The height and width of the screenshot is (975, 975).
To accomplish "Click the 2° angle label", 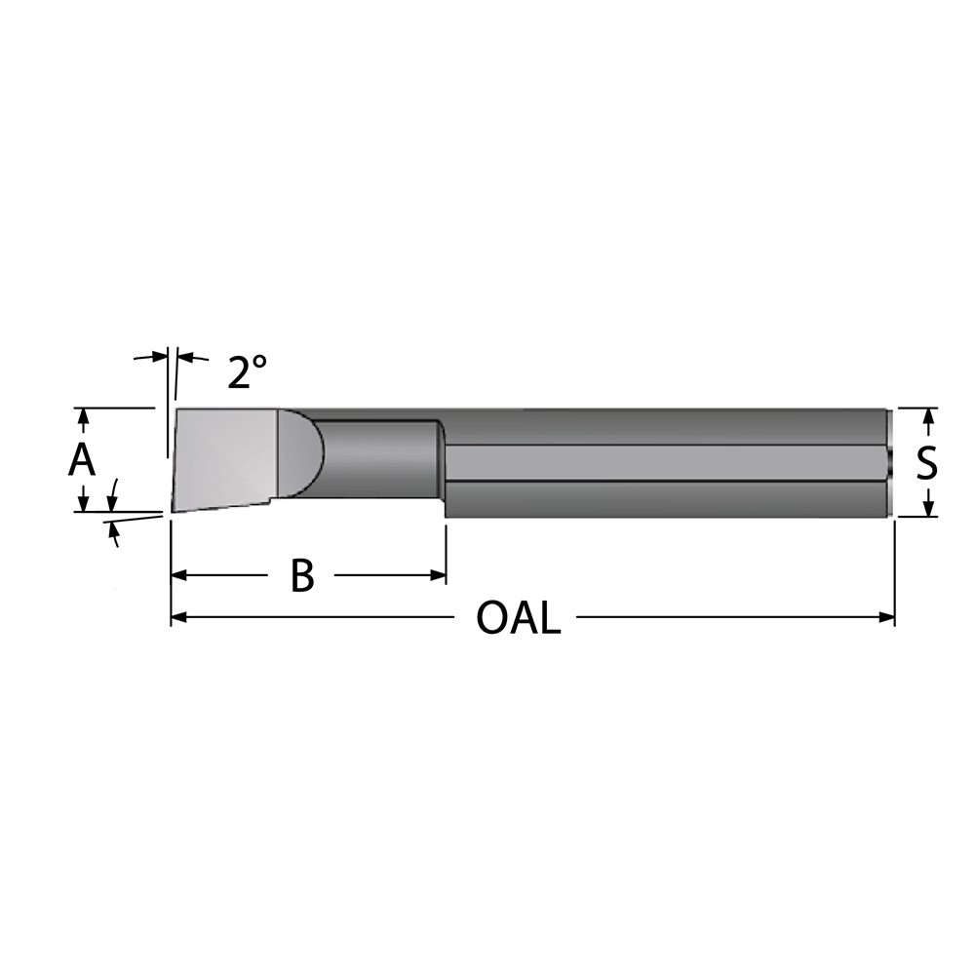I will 247,371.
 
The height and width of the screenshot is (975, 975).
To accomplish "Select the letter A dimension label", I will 82,459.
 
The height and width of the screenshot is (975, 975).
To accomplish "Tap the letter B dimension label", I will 302,576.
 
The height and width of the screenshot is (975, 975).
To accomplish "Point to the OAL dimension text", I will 518,618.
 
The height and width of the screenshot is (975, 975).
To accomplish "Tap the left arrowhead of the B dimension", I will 179,575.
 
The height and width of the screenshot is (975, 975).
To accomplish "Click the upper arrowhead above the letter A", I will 84,416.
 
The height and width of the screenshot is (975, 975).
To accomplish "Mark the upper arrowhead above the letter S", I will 928,416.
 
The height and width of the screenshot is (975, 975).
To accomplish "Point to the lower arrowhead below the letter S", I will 928,508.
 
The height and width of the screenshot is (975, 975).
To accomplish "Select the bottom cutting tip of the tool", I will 174,510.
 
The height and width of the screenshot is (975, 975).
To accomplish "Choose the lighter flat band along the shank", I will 663,463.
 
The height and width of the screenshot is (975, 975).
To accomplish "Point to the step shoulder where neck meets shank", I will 442,468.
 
